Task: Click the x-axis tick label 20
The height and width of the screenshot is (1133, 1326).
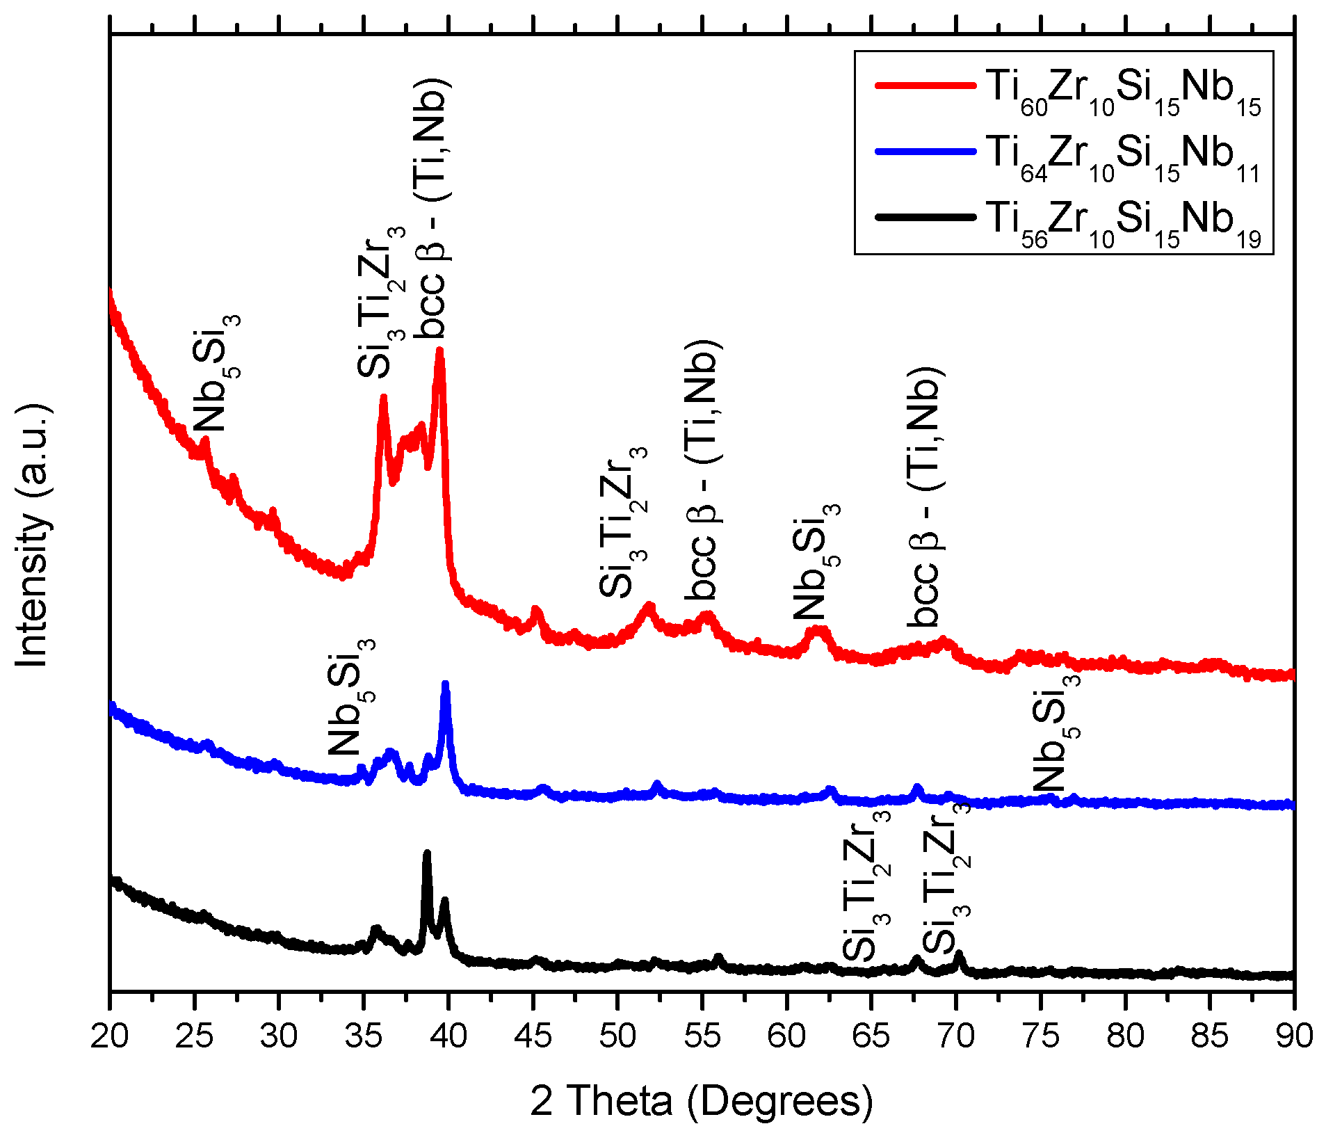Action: [110, 1036]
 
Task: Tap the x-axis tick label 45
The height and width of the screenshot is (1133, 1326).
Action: [533, 1036]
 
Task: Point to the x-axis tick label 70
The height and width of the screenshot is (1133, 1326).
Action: [955, 1036]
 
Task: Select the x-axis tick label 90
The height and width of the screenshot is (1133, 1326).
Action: [1293, 1036]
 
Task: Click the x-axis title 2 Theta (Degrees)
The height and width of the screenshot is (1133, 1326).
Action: [701, 1101]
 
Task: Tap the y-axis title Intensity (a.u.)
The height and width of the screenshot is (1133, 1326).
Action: [32, 536]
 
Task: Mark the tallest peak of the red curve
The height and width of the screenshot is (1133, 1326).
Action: [439, 351]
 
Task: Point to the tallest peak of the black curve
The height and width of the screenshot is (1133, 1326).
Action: [427, 853]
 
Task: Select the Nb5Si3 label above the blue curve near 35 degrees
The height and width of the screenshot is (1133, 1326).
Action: [351, 698]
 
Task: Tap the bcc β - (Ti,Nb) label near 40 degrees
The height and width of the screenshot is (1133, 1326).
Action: [432, 209]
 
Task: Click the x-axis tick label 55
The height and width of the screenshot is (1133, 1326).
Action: [702, 1036]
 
